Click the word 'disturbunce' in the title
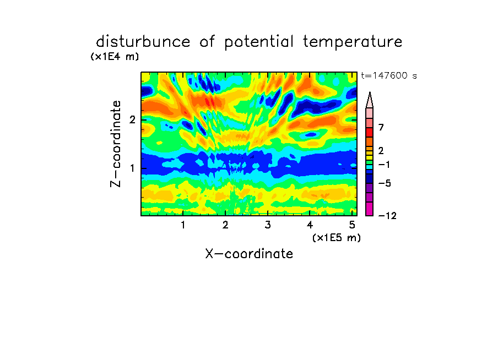tap(143, 42)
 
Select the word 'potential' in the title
tap(259, 42)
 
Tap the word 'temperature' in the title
tap(353, 42)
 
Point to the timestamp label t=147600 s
tap(389, 75)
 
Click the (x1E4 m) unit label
tap(115, 57)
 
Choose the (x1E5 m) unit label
tap(337, 237)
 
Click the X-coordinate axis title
tap(249, 254)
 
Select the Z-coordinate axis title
tap(116, 144)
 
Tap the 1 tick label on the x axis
tap(183, 225)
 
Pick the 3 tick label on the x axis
tap(268, 225)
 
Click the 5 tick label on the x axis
tap(352, 225)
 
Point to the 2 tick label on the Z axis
tap(132, 119)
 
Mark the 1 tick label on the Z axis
tap(132, 168)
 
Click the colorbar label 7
tap(381, 127)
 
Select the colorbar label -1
tap(385, 165)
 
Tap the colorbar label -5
tap(385, 183)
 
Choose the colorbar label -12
tap(387, 216)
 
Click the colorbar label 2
tap(381, 150)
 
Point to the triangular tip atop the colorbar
tap(370, 92)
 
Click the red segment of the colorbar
tap(370, 132)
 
